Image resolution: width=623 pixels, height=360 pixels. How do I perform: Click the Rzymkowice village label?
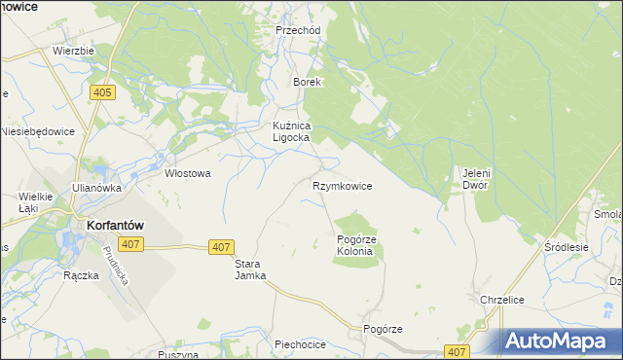point(342,186)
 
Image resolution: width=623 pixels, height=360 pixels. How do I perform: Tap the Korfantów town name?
point(109,223)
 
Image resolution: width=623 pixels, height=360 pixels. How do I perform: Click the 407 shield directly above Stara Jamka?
point(221,248)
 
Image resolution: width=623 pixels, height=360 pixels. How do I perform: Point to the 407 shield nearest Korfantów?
point(129,243)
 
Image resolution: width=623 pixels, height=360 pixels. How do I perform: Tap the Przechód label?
point(298,30)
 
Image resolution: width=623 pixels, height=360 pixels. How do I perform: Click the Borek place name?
point(308,83)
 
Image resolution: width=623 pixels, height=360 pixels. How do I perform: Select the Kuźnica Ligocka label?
point(290,132)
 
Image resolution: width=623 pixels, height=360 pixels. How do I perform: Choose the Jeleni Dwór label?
point(474,179)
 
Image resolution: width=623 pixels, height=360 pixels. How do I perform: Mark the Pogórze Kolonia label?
point(355,245)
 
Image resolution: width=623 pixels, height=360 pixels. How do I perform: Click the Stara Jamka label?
point(249,270)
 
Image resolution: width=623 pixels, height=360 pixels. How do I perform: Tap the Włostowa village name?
point(188,174)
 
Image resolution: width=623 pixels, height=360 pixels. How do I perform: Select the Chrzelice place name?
point(503,300)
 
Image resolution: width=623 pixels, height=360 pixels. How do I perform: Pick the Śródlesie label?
point(568,248)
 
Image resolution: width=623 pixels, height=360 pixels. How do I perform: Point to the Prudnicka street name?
point(115,264)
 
